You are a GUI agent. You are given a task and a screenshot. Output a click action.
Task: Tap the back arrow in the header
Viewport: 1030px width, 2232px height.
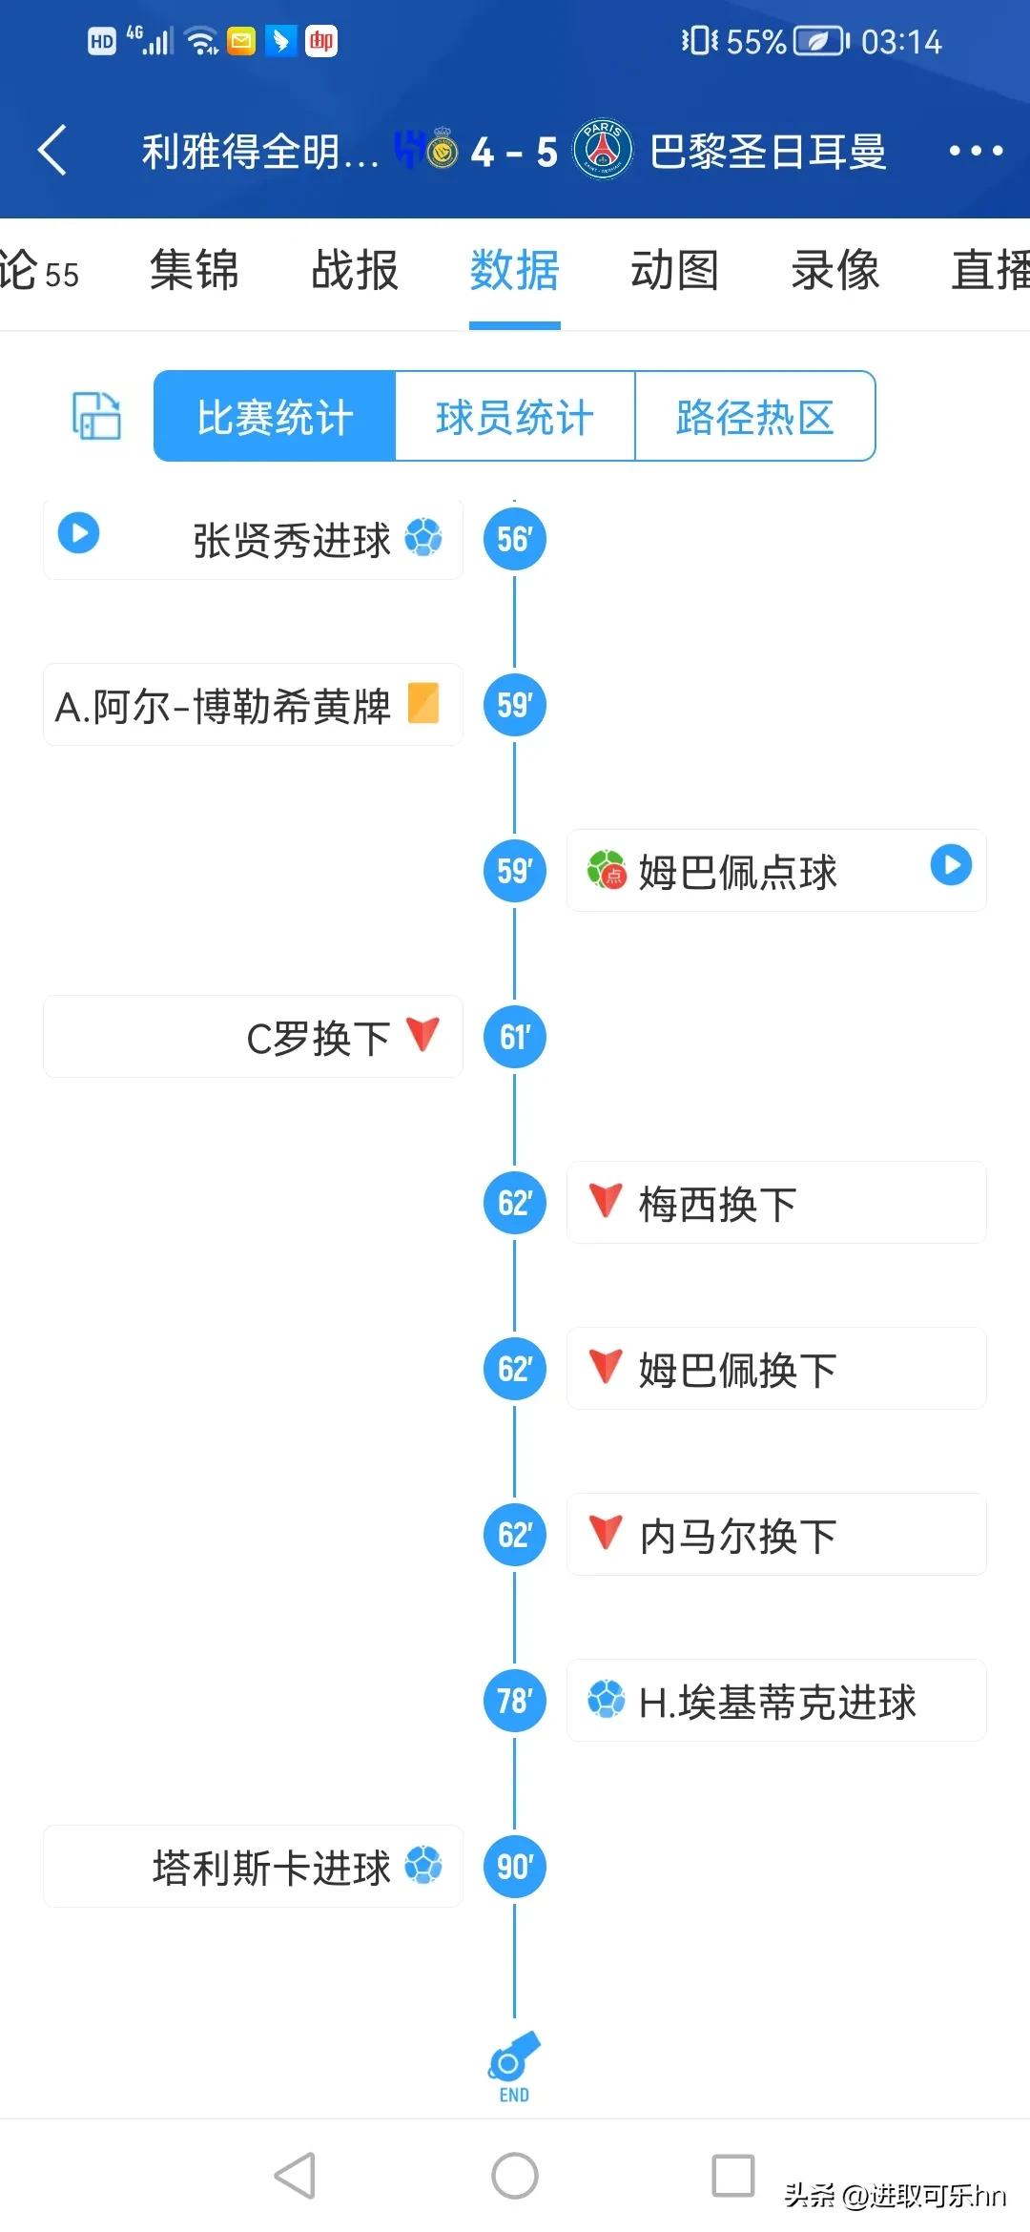pyautogui.click(x=53, y=151)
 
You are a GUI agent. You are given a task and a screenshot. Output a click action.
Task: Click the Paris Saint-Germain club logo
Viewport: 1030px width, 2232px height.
pyautogui.click(x=603, y=150)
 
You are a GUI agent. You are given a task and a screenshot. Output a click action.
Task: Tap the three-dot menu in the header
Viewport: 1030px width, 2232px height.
pyautogui.click(x=975, y=151)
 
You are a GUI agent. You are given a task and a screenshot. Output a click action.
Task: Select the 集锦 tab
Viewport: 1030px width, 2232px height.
pyautogui.click(x=195, y=270)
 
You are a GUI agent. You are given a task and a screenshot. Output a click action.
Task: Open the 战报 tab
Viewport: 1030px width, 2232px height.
pyautogui.click(x=355, y=270)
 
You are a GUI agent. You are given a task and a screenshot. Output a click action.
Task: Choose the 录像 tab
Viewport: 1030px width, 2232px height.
pyautogui.click(x=834, y=270)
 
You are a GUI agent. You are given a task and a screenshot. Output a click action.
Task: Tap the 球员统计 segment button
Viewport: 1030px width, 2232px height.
pyautogui.click(x=515, y=417)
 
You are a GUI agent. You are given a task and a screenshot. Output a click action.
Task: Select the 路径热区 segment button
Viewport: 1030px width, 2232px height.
pyautogui.click(x=754, y=417)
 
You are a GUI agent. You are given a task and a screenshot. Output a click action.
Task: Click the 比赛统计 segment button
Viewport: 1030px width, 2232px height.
pyautogui.click(x=275, y=417)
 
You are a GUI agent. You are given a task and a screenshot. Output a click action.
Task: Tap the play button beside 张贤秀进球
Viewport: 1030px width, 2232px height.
pyautogui.click(x=78, y=532)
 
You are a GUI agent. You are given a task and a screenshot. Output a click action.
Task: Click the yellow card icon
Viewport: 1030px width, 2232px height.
pyautogui.click(x=423, y=704)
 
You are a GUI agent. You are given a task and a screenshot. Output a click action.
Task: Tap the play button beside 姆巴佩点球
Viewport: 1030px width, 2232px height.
pyautogui.click(x=951, y=865)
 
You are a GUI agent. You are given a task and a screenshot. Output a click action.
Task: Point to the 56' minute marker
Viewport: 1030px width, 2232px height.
pyautogui.click(x=514, y=540)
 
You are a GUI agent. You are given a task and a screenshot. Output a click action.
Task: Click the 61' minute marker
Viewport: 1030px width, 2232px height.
pyautogui.click(x=514, y=1037)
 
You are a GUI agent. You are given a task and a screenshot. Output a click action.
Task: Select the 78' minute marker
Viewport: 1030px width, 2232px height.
pyautogui.click(x=514, y=1701)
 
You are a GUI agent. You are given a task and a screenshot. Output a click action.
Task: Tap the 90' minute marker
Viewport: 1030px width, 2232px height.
pyautogui.click(x=514, y=1867)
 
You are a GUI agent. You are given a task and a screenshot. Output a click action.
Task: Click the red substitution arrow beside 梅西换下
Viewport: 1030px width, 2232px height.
pyautogui.click(x=606, y=1200)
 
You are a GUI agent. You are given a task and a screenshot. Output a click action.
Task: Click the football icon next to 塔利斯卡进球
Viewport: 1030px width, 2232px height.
pyautogui.click(x=423, y=1866)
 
